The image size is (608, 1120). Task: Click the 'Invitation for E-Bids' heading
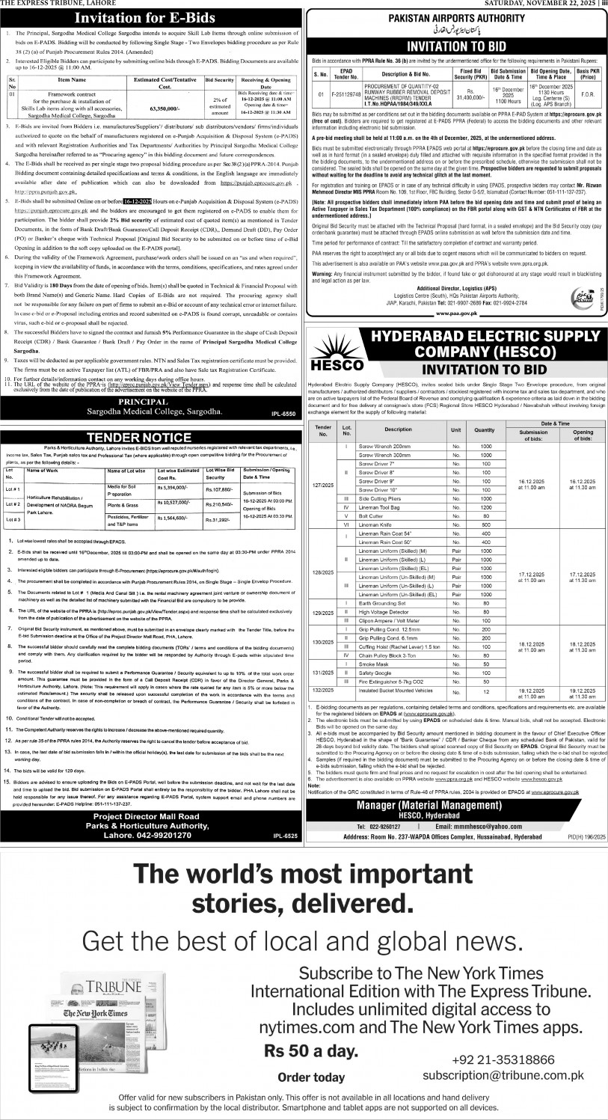click(153, 18)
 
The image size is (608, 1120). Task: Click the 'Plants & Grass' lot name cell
click(125, 504)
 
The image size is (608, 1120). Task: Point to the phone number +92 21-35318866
click(503, 1059)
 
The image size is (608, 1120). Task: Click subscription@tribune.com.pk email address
click(502, 1075)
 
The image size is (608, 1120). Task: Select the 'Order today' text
click(311, 1077)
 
